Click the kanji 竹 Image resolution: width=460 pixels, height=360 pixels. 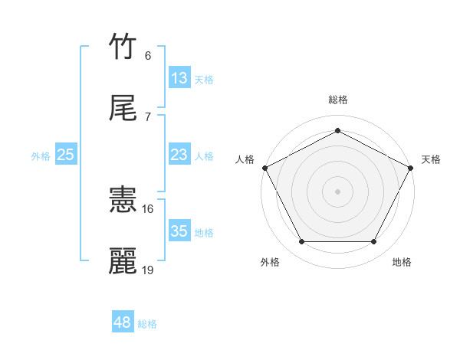[x=123, y=47]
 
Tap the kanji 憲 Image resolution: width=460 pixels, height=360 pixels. [x=123, y=201]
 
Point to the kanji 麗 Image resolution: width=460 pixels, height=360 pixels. [x=123, y=261]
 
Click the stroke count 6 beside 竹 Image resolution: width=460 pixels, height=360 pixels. [x=148, y=55]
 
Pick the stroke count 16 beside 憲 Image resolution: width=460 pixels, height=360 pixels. [x=148, y=208]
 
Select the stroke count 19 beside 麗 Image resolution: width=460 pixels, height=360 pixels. [x=148, y=270]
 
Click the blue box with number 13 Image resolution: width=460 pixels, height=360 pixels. [x=179, y=78]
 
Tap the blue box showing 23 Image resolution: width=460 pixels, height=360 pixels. [x=179, y=155]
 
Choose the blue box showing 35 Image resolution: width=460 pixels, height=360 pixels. [x=179, y=231]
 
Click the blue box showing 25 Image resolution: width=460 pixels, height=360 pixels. [x=66, y=155]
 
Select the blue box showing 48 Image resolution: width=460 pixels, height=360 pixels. [x=123, y=322]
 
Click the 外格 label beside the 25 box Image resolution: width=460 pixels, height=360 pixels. [x=41, y=156]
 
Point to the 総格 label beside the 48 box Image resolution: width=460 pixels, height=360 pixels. [x=147, y=324]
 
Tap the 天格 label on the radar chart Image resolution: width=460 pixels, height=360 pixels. [x=431, y=159]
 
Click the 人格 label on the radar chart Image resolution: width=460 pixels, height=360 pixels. [x=245, y=159]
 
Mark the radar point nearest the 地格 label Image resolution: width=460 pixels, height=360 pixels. [x=374, y=242]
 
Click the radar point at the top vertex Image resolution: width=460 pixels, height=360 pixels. [x=337, y=130]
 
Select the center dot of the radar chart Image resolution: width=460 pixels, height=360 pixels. [x=337, y=191]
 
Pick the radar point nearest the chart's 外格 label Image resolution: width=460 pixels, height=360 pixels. [x=301, y=242]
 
